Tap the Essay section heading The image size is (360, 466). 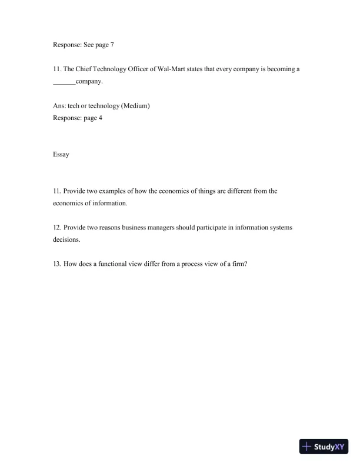click(61, 155)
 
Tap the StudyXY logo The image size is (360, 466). click(324, 447)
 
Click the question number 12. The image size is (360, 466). click(56, 227)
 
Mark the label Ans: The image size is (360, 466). click(58, 105)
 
